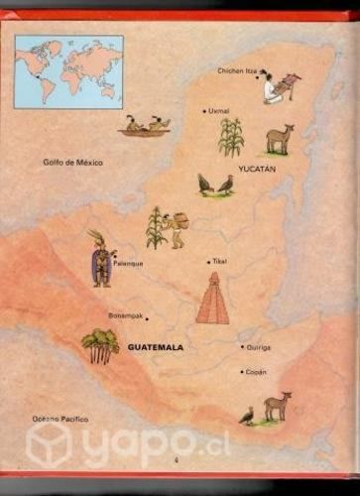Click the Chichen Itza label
point(237,71)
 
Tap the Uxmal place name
point(218,111)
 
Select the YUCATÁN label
point(256,169)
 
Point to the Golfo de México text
point(72,162)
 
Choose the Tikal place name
point(219,262)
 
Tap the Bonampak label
point(125,316)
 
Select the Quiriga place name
point(257,347)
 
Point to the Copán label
point(255,372)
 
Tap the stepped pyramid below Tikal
point(211,300)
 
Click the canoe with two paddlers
point(144,126)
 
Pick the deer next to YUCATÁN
point(279,138)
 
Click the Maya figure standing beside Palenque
point(100,259)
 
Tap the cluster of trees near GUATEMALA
point(99,345)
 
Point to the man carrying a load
point(176,229)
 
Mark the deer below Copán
point(276,407)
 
